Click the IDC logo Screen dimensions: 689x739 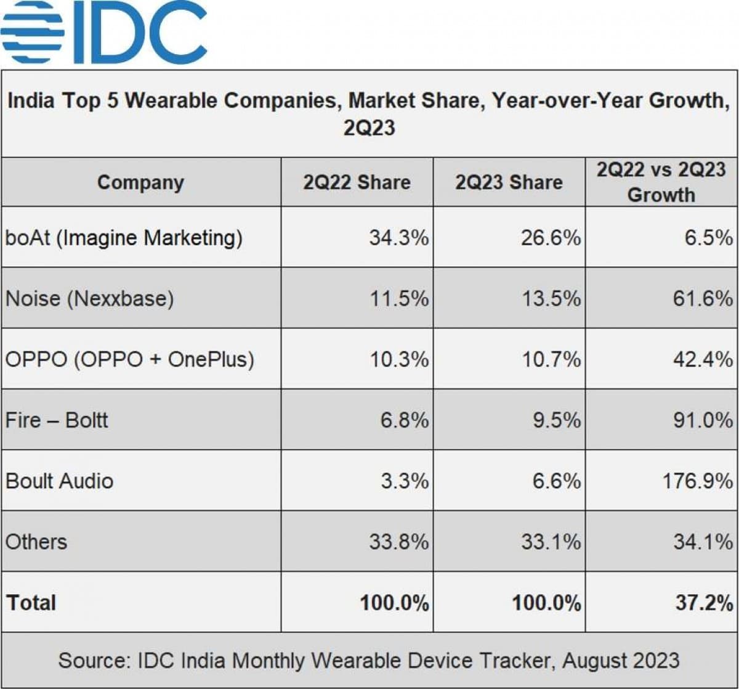pyautogui.click(x=103, y=32)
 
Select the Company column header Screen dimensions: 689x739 pyautogui.click(x=140, y=182)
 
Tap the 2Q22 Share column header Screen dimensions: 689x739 pyautogui.click(x=357, y=182)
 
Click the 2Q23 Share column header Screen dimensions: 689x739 pyautogui.click(x=509, y=182)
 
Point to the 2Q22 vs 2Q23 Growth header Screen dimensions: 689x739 pyautogui.click(x=661, y=182)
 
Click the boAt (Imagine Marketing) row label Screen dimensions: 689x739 pyautogui.click(x=124, y=237)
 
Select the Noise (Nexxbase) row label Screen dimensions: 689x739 pyautogui.click(x=90, y=298)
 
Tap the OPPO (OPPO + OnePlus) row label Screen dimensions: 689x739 pyautogui.click(x=130, y=359)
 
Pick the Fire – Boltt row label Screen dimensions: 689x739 pyautogui.click(x=57, y=420)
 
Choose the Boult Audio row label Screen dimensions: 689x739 pyautogui.click(x=60, y=481)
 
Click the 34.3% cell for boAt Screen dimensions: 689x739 pyautogui.click(x=398, y=237)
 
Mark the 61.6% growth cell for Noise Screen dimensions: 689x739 pyautogui.click(x=703, y=298)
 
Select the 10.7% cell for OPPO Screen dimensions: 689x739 pyautogui.click(x=551, y=359)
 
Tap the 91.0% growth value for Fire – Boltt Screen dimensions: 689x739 pyautogui.click(x=703, y=420)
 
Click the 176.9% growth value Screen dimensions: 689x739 pyautogui.click(x=697, y=481)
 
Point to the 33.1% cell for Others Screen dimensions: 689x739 pyautogui.click(x=551, y=542)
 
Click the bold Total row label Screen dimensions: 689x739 pyautogui.click(x=31, y=602)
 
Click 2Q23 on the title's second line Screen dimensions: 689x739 pyautogui.click(x=369, y=128)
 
